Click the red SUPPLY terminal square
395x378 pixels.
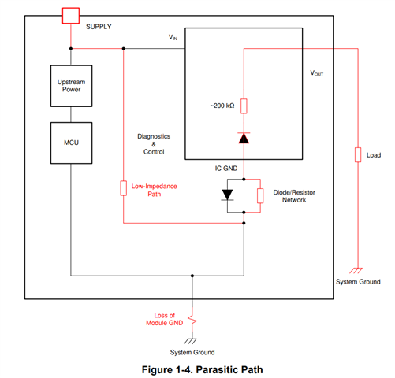tap(71, 16)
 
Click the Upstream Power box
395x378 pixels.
tap(71, 86)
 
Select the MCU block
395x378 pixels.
tap(71, 143)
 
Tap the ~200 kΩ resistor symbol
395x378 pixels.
tap(244, 106)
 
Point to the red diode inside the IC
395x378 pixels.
tap(244, 138)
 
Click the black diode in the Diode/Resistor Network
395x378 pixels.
tap(227, 195)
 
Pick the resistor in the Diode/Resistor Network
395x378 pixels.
tap(260, 195)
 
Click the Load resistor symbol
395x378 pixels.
tap(358, 155)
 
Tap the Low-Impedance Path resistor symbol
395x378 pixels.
tap(124, 188)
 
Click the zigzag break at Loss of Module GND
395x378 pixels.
tap(192, 321)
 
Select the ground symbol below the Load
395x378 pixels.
tap(356, 270)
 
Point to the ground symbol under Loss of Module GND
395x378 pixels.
tap(190, 341)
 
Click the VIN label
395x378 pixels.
tap(173, 37)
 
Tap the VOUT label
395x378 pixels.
tap(317, 73)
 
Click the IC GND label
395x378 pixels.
tap(226, 169)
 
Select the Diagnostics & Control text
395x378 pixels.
tap(154, 144)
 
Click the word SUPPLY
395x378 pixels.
tap(99, 27)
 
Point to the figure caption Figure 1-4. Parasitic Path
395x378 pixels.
tap(202, 369)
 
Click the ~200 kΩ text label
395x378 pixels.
tap(222, 106)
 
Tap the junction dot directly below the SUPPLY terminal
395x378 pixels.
tap(71, 49)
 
